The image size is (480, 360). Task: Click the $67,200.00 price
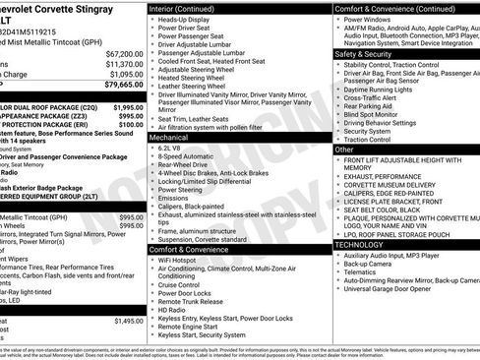124,53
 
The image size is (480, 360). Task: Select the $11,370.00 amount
124,64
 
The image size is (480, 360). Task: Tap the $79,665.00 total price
124,86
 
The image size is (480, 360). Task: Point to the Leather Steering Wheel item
197,87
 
